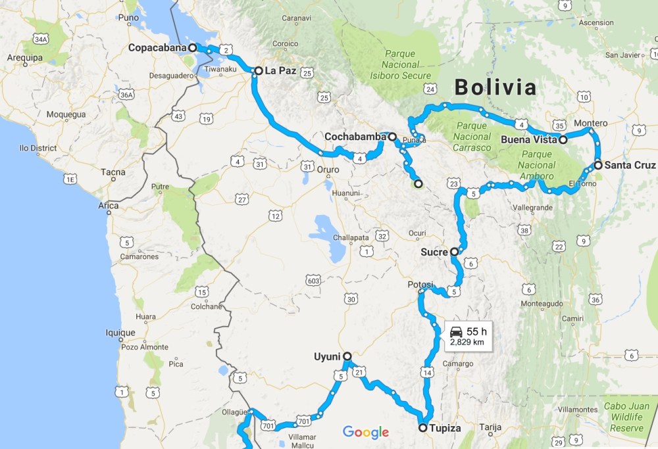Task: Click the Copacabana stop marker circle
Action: pos(192,47)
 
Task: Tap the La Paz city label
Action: pos(280,70)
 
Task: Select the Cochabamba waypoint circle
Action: pos(392,137)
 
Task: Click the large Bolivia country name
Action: pos(495,87)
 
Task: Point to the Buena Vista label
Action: pos(528,139)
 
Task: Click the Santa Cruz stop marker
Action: pos(597,165)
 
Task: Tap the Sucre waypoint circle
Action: pos(454,251)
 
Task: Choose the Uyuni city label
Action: pos(327,357)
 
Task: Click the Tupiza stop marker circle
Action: pos(422,427)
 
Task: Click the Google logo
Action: pos(366,432)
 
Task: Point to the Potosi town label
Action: pos(420,284)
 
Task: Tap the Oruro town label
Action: pos(328,170)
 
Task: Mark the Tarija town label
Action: pos(487,427)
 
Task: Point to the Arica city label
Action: pos(109,206)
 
